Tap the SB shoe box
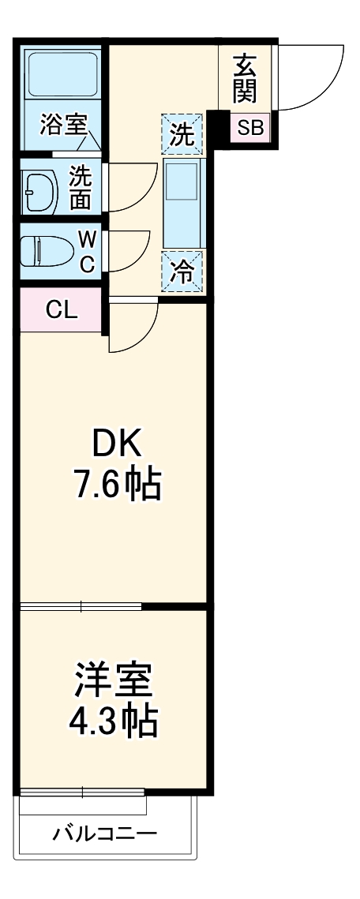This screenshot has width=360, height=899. [250, 127]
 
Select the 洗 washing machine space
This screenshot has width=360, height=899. [182, 135]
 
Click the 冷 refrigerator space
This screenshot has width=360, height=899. [182, 272]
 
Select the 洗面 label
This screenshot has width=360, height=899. [81, 187]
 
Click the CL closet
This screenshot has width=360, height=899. [61, 310]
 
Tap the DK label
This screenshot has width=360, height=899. [118, 446]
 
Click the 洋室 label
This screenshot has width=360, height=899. [114, 680]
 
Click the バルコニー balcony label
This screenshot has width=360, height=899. [105, 833]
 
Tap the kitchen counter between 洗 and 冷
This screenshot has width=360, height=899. [182, 202]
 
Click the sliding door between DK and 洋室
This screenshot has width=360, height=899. [81, 605]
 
